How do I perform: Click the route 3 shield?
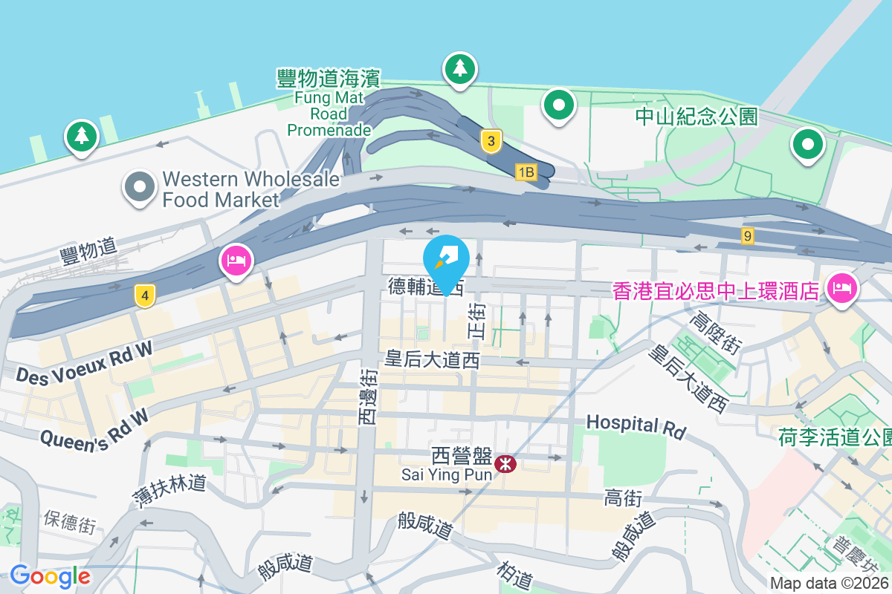pos(490,140)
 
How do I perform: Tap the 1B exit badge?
pos(526,172)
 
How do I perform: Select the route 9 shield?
pos(748,236)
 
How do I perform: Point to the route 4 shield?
pos(145,296)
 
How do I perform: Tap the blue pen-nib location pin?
pos(446,258)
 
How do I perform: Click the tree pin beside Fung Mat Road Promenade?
pos(460,69)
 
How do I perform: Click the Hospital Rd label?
pos(635,425)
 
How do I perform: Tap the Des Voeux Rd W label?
pos(83,362)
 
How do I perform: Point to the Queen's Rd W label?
pos(94,431)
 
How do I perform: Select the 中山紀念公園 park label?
pos(696,117)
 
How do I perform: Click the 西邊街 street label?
pos(367,399)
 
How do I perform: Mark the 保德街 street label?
pos(69,521)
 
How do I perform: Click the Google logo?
pos(50,575)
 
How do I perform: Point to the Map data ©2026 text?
pos(829,584)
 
